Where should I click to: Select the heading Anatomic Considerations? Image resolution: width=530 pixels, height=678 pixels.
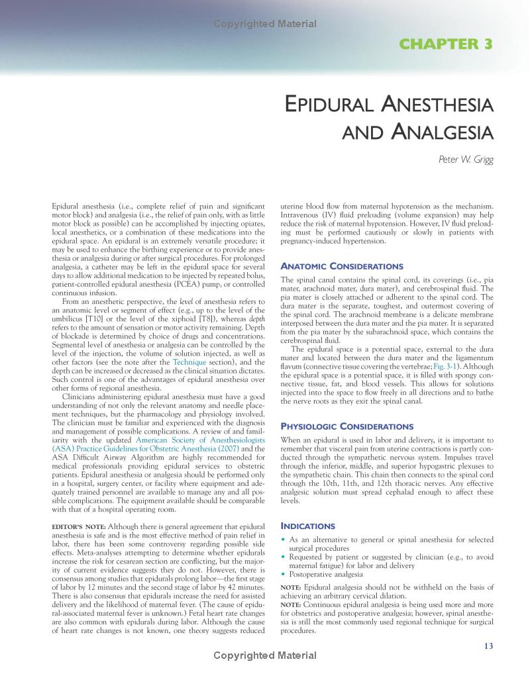337,266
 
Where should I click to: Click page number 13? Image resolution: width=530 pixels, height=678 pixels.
488,646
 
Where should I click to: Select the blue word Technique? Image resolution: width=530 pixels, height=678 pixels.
189,363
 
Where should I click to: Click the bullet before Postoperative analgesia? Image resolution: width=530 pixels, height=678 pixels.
284,574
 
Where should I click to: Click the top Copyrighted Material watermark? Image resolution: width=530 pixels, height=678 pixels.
265,24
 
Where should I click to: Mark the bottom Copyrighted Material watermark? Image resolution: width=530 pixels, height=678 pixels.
265,655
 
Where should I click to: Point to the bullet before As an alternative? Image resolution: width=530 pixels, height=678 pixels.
284,540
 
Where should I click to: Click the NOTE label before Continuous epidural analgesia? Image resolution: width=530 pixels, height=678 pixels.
291,604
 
